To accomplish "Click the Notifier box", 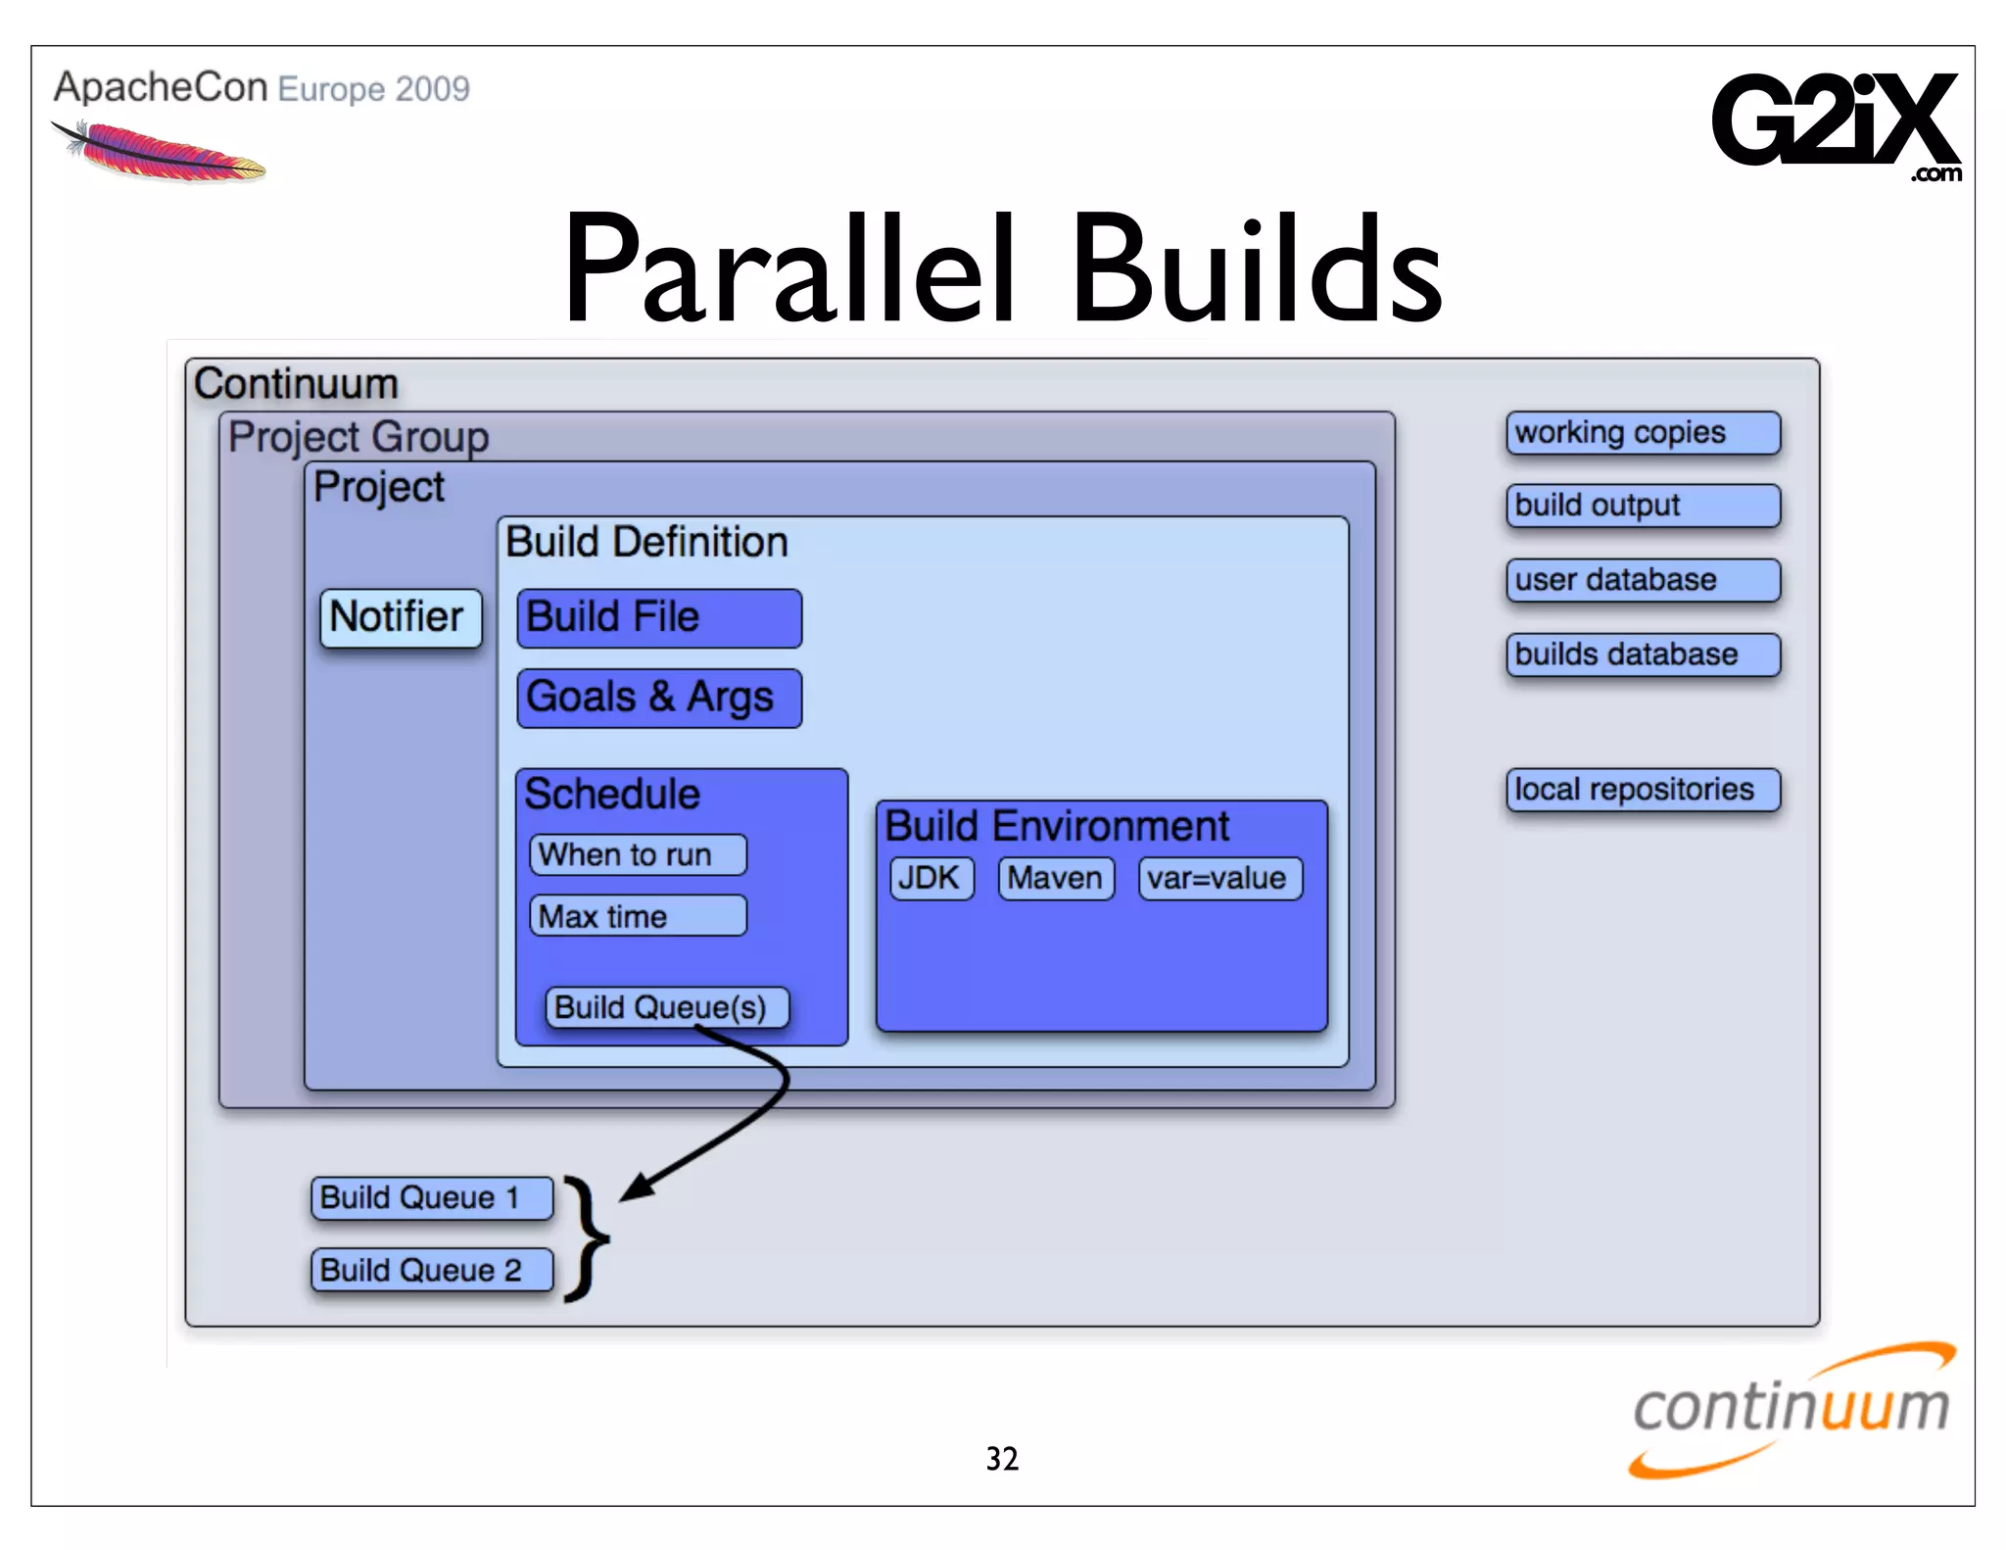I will coord(401,618).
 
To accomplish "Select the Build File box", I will coord(659,618).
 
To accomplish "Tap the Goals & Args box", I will coord(659,699).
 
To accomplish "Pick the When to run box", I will coord(638,854).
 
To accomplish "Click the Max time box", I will coord(638,916).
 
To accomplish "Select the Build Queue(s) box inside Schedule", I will coord(666,1007).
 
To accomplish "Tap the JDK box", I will coord(931,878).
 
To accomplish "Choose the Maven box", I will coord(1055,878).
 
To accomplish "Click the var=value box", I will coord(1219,878).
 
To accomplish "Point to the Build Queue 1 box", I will coord(431,1198).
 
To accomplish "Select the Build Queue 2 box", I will coord(431,1271).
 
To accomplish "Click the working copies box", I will coord(1643,433).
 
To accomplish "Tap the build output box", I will coord(1643,506).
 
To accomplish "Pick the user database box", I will coord(1643,580).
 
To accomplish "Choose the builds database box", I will coord(1643,654).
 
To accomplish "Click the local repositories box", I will coord(1643,790).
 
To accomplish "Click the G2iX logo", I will coord(1835,122).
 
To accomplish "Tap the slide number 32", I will coord(1002,1459).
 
